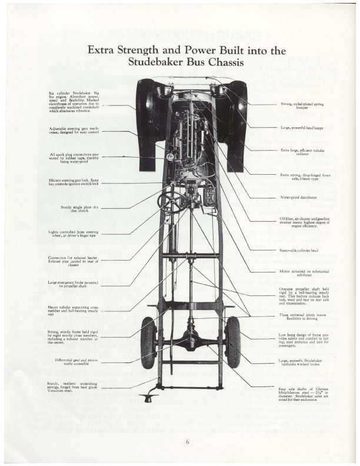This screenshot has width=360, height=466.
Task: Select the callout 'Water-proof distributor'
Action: tap(295, 197)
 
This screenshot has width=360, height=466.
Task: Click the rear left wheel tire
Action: tap(147, 342)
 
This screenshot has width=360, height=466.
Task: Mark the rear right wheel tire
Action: tap(234, 342)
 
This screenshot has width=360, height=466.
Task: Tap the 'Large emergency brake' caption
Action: tap(74, 284)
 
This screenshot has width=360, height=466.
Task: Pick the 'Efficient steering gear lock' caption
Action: tap(74, 182)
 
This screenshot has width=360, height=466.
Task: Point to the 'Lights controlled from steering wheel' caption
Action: tap(74, 234)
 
